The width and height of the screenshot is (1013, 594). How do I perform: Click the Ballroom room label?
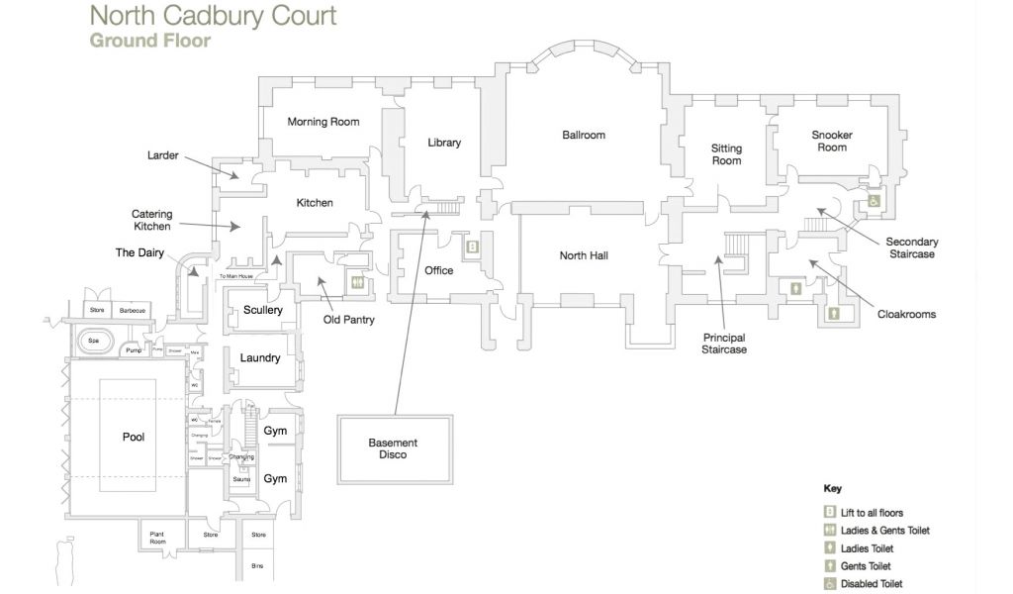583,135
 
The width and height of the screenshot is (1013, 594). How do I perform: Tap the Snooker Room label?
831,141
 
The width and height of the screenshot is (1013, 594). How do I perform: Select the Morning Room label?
322,122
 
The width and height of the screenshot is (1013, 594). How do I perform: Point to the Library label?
444,143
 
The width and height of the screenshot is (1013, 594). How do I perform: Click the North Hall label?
584,255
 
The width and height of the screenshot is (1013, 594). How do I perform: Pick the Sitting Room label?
726,154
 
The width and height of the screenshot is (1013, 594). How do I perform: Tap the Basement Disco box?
393,448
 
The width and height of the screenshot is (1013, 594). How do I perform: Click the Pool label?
134,437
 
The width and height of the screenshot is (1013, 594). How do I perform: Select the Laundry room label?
260,358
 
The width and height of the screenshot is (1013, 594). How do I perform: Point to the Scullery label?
263,310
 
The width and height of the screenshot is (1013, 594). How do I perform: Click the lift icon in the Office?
473,247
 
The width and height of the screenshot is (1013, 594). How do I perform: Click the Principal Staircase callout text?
724,343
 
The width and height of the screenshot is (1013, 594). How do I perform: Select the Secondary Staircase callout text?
911,247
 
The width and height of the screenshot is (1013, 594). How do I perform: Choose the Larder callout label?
162,155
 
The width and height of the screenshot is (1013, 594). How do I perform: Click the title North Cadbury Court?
213,16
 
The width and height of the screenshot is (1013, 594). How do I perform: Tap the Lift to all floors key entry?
871,513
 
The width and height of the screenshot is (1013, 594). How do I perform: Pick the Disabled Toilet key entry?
872,584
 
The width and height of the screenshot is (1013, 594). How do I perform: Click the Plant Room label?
157,539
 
